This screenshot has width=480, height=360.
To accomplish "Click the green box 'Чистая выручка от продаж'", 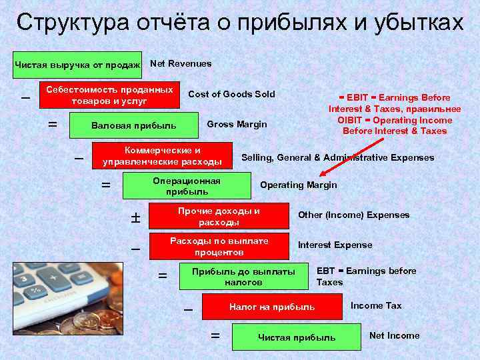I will [x=77, y=65].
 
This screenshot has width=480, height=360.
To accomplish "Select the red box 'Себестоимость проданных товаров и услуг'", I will [x=110, y=95].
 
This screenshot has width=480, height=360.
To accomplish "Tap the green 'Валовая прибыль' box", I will [x=134, y=125].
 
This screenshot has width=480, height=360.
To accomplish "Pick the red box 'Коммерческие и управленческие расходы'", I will [x=162, y=155].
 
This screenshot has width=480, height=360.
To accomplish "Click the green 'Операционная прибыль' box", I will [x=187, y=186].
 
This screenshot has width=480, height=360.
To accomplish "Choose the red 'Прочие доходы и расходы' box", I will [x=219, y=216].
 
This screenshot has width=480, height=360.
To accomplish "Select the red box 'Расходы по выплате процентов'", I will [x=219, y=247].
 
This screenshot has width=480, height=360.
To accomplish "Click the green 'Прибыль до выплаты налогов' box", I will [x=243, y=277].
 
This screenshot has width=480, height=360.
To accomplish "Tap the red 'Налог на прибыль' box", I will [x=272, y=307].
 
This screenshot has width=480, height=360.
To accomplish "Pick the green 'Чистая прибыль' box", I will [x=297, y=337].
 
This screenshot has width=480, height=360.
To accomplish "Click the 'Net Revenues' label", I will [x=181, y=63].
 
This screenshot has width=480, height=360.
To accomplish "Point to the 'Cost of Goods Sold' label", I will [x=231, y=93].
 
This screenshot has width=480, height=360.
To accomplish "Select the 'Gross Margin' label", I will [x=237, y=124].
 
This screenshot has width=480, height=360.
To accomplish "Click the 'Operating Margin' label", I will [x=298, y=185].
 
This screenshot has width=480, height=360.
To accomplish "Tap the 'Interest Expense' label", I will [x=335, y=245].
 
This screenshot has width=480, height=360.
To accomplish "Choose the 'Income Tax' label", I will [x=376, y=305].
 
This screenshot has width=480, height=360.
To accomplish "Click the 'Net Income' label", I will [x=394, y=335].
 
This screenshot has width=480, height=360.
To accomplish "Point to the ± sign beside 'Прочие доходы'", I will [x=135, y=217].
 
